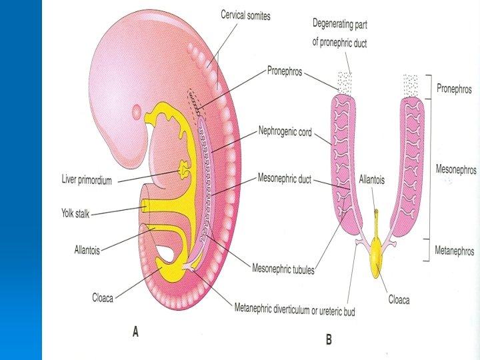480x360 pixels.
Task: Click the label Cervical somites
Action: [245, 15]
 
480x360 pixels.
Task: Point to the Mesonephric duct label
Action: [285, 179]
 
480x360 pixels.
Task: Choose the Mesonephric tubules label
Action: [283, 269]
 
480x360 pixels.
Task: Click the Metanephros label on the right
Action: [454, 251]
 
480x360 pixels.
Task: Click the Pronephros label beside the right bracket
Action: [454, 89]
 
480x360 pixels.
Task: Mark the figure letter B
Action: [328, 340]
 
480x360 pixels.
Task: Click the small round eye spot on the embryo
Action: [137, 110]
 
